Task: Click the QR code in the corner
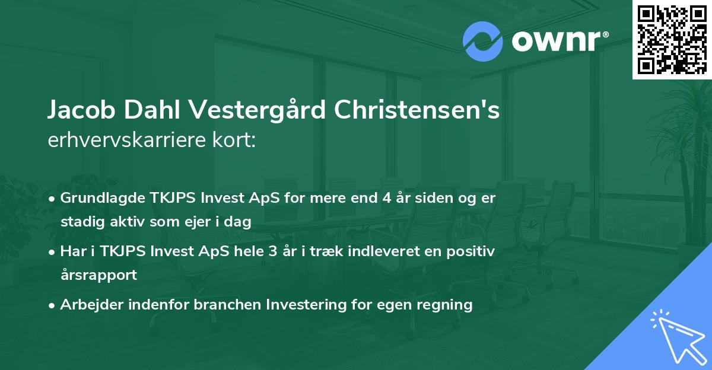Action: (x=672, y=39)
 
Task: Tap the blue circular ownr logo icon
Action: (x=482, y=42)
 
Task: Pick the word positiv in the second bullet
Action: (x=472, y=251)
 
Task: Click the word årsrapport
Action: (x=98, y=275)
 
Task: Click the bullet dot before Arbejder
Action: (x=53, y=305)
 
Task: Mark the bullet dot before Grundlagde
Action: (x=53, y=198)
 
